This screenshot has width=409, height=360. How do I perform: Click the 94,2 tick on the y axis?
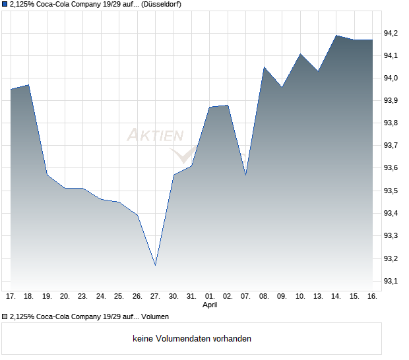point(391,33)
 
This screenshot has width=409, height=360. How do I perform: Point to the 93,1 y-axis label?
point(391,282)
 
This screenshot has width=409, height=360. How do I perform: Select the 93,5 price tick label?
point(391,191)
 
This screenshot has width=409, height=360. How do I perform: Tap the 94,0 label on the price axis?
point(391,78)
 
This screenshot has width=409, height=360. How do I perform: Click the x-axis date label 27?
point(155,297)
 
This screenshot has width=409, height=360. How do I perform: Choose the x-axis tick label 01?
point(210,297)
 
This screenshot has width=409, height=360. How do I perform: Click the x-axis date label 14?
point(336,297)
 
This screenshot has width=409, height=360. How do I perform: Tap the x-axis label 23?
point(83,297)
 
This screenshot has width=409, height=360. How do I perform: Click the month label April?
point(210,305)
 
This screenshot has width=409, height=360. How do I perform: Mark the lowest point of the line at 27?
point(155,265)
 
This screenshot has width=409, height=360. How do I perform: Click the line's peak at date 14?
point(336,36)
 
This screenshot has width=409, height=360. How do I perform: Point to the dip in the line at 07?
point(245,175)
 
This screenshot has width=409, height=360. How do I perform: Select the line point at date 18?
point(28,85)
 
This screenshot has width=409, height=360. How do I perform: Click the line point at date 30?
point(173,175)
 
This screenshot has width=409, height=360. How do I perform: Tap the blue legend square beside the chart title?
point(5,4)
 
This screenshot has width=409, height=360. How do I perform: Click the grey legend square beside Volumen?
point(5,316)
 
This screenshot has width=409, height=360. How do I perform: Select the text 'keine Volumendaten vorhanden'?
point(192,339)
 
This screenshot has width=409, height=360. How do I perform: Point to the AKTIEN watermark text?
point(156,136)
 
